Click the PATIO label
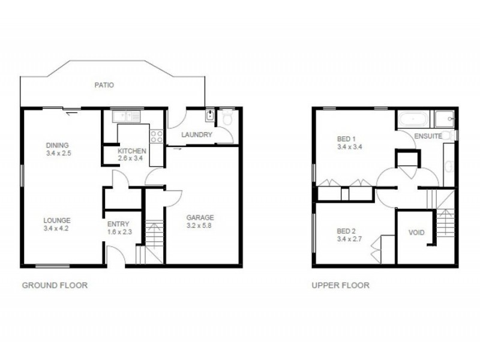[x=104, y=85]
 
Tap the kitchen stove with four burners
[x=157, y=137]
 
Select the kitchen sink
[x=131, y=115]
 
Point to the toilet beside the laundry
[x=227, y=118]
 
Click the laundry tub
[x=211, y=115]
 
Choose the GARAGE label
[x=200, y=217]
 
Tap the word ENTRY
[x=118, y=224]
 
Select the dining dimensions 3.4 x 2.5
[x=58, y=153]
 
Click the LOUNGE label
[x=57, y=220]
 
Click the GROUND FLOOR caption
[x=55, y=286]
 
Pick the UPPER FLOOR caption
[x=340, y=286]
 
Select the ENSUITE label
[x=428, y=136]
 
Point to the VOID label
[x=416, y=232]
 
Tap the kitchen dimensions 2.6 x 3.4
[x=131, y=159]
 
